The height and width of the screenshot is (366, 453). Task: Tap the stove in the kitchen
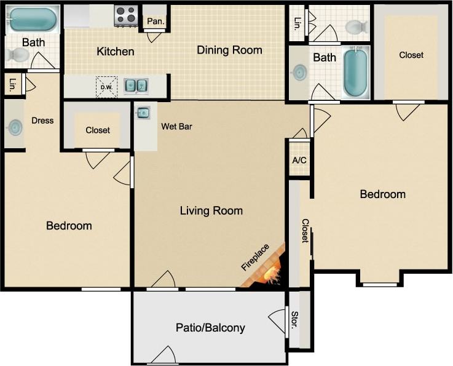tap(125, 15)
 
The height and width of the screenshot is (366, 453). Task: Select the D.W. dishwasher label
tap(106, 87)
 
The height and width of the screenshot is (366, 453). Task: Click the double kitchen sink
tap(136, 86)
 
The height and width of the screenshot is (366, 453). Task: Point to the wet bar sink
tap(143, 113)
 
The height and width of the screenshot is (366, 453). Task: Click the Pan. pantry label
tap(156, 21)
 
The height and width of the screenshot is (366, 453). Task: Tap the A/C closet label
tap(299, 160)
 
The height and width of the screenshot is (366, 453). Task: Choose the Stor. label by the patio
tap(295, 320)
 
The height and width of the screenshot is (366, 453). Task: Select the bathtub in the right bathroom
tap(355, 73)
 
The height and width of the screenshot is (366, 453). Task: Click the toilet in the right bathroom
tap(356, 27)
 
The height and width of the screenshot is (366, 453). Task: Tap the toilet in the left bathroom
tap(17, 55)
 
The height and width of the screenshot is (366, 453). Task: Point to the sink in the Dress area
tap(14, 127)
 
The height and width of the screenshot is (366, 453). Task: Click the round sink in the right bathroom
tap(299, 73)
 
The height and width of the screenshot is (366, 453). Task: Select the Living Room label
tap(211, 211)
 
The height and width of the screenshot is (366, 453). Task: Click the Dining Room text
tap(229, 50)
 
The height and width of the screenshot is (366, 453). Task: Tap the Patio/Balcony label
tap(210, 328)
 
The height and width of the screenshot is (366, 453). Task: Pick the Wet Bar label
tap(177, 127)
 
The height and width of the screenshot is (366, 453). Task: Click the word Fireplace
tap(255, 258)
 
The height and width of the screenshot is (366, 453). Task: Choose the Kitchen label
tap(116, 52)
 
